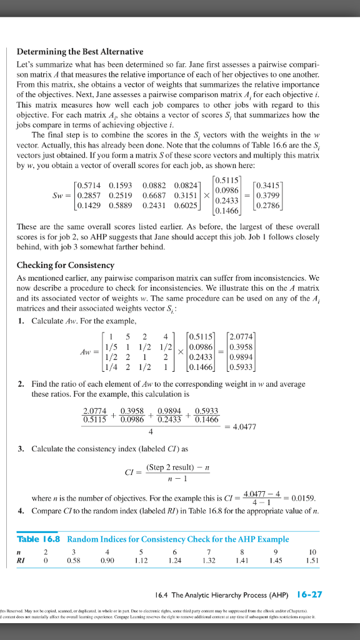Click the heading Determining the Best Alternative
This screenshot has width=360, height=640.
(79, 51)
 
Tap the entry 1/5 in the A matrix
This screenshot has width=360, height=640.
(112, 347)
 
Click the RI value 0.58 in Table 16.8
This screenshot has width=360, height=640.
(75, 561)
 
